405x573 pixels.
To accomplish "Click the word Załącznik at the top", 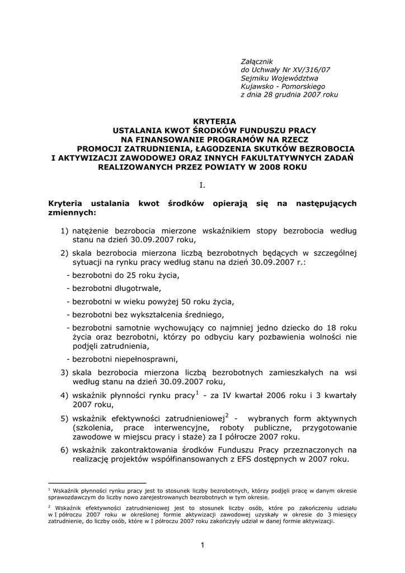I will pyautogui.click(x=256, y=60).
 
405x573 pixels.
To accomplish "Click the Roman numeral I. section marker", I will pyautogui.click(x=202, y=185).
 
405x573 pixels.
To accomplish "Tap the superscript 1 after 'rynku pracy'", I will pyautogui.click(x=197, y=393).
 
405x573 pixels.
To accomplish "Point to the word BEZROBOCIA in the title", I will pyautogui.click(x=324, y=148).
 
